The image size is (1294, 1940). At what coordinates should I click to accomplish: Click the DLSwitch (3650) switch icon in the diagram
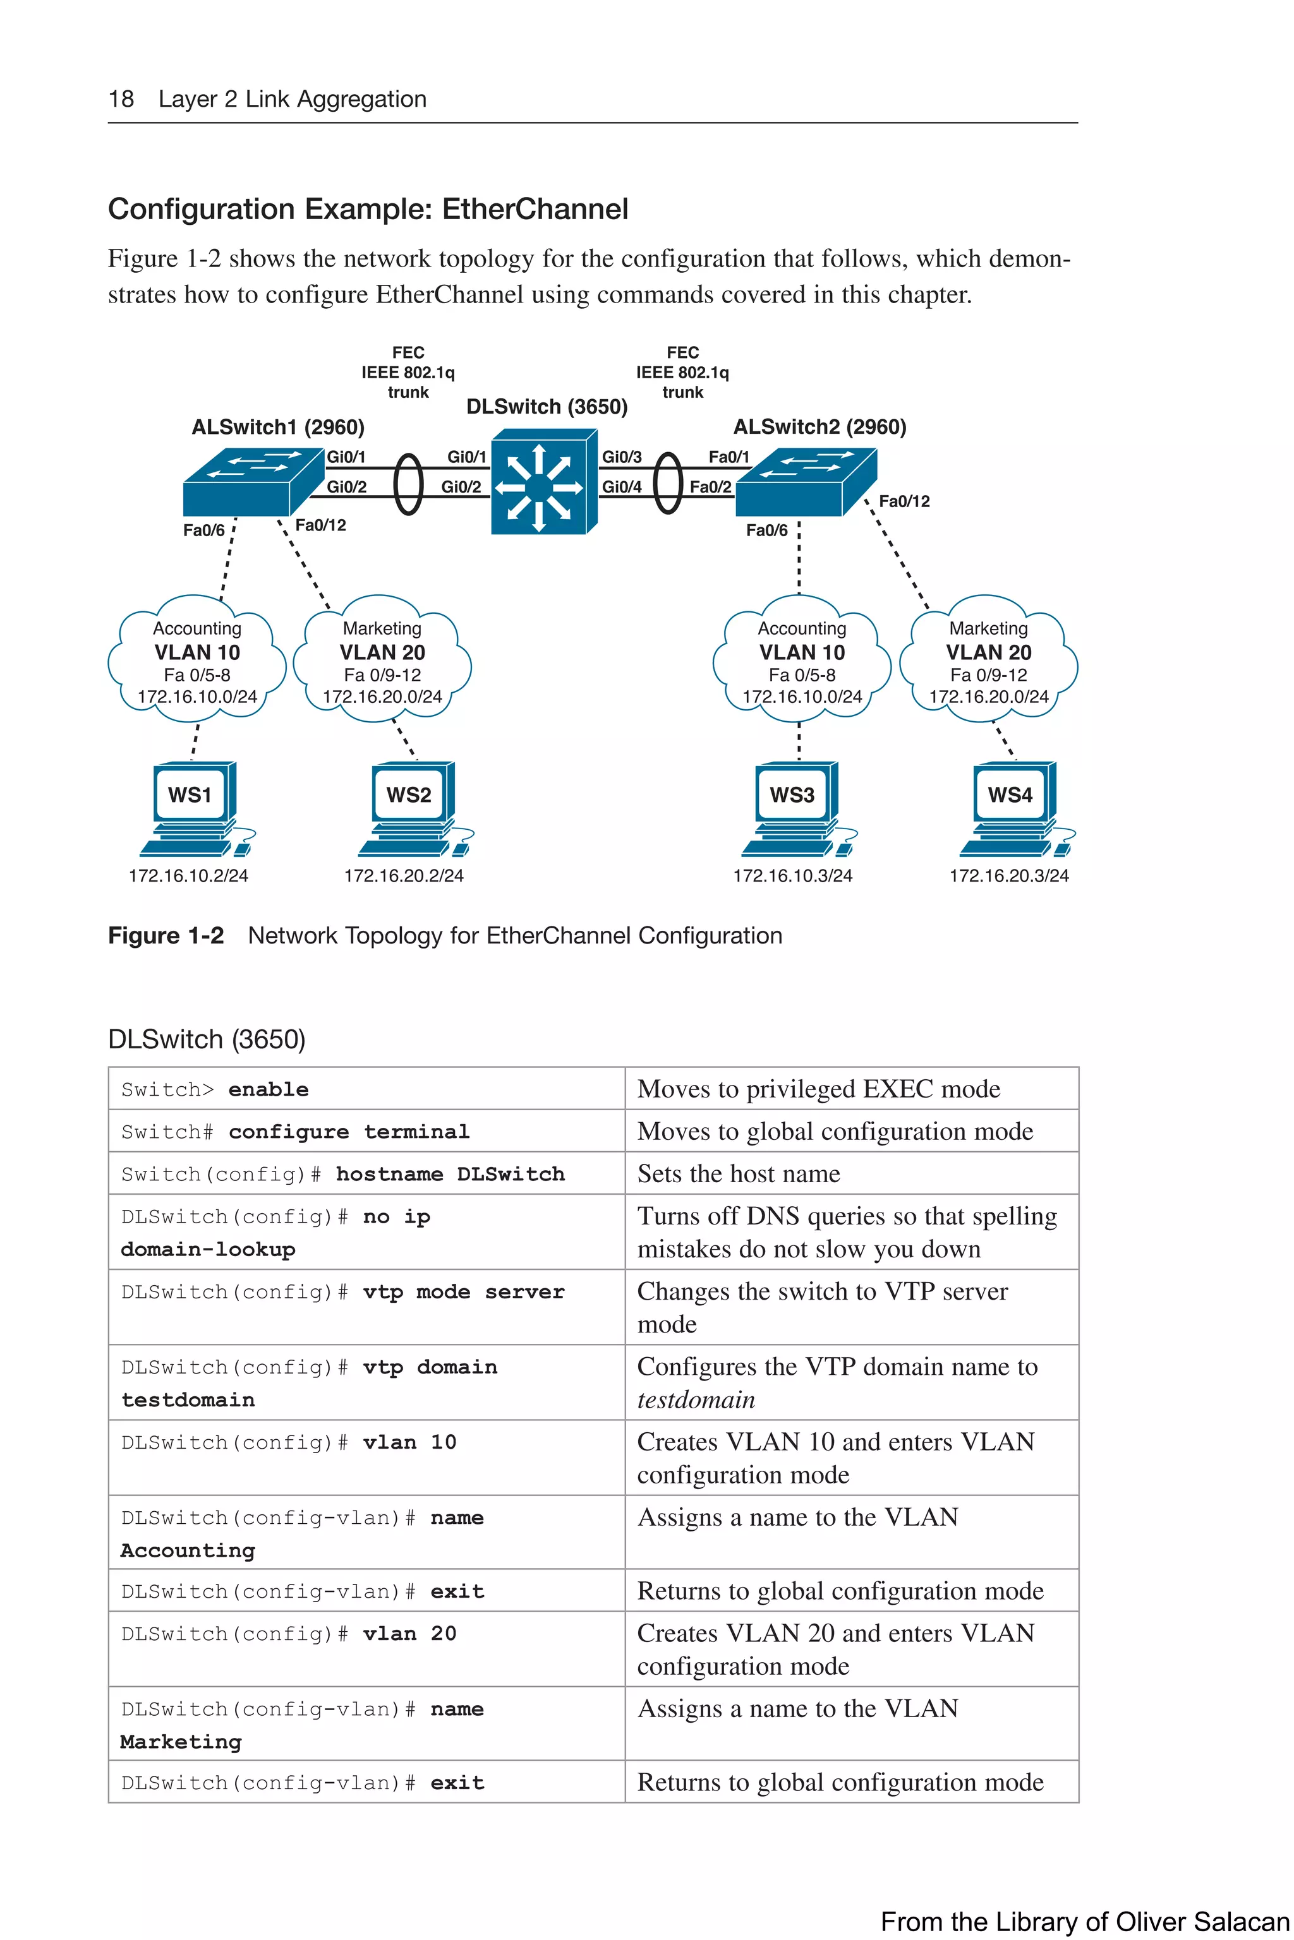pyautogui.click(x=543, y=482)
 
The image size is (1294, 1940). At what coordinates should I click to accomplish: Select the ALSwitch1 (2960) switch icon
pyautogui.click(x=251, y=482)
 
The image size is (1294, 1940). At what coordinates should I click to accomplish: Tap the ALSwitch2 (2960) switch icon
pyautogui.click(x=804, y=482)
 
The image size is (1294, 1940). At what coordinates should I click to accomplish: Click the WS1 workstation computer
pyautogui.click(x=195, y=808)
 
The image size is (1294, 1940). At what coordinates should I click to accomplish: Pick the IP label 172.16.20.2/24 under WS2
pyautogui.click(x=404, y=875)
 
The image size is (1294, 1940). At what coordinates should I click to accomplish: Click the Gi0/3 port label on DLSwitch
pyautogui.click(x=622, y=457)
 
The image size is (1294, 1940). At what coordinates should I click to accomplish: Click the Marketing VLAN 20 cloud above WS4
pyautogui.click(x=988, y=660)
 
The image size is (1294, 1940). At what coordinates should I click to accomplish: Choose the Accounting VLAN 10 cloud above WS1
pyautogui.click(x=197, y=660)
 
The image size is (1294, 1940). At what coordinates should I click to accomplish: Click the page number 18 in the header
pyautogui.click(x=121, y=99)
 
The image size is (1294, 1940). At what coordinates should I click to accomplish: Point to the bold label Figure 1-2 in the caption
pyautogui.click(x=166, y=935)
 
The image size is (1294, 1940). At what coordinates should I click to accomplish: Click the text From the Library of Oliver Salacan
pyautogui.click(x=1084, y=1921)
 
